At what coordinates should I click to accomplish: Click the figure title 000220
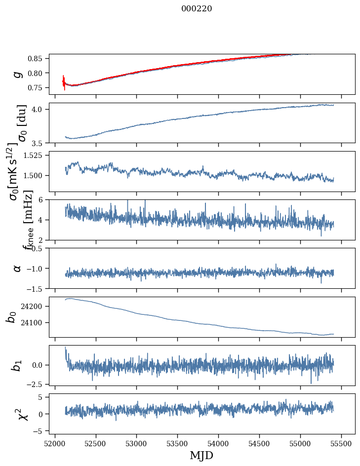(197, 9)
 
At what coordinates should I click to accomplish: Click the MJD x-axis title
(201, 455)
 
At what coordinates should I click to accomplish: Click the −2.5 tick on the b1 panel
(38, 384)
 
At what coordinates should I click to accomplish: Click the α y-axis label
(18, 268)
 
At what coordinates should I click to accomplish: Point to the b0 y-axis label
(11, 317)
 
